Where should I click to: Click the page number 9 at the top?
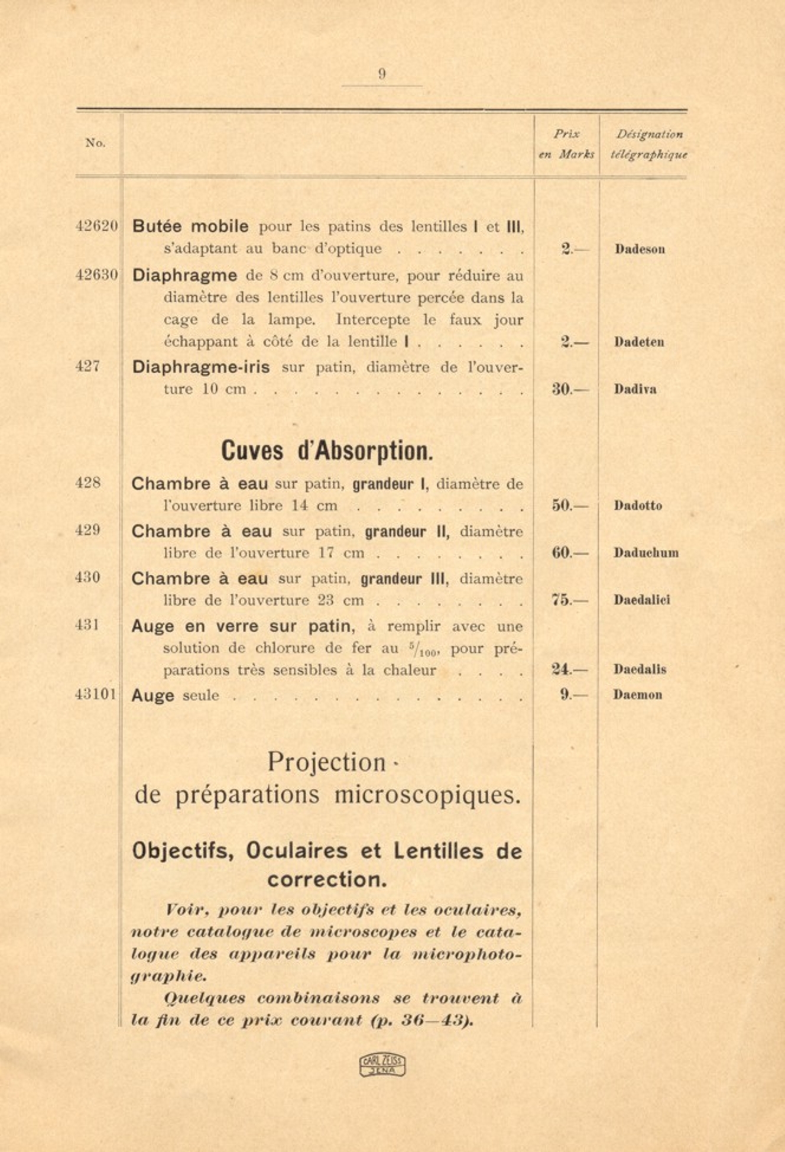382,75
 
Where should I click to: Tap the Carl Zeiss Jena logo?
382,1064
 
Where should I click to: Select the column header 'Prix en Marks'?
566,144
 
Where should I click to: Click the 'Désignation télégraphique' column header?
648,144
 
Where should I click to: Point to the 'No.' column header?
95,143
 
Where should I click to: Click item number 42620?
97,226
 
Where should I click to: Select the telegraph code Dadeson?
640,249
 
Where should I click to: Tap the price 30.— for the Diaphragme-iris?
570,389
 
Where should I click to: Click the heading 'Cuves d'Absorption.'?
327,451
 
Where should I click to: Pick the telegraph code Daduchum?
645,553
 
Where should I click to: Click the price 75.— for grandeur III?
570,600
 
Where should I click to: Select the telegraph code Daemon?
637,695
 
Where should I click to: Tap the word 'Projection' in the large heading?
327,762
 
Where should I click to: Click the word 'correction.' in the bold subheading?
327,879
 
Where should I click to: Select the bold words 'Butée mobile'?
190,226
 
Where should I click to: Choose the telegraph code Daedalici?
641,600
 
